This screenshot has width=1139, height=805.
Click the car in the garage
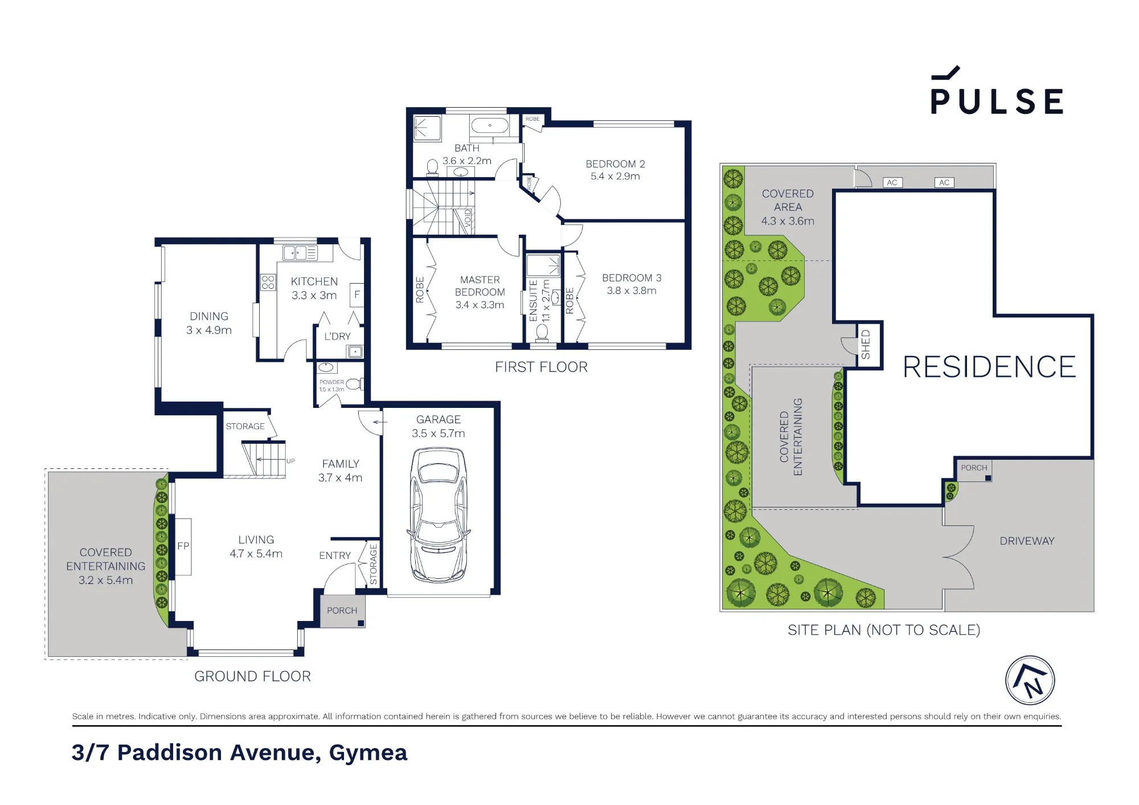click(x=439, y=514)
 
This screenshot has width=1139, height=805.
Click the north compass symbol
click(x=1030, y=680)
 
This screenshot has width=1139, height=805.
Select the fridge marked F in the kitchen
click(x=357, y=295)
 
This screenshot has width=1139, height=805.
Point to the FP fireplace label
click(x=183, y=546)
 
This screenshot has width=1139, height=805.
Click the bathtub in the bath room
click(x=489, y=125)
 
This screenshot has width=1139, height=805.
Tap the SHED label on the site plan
click(x=866, y=345)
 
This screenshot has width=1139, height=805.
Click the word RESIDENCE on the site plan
click(x=989, y=367)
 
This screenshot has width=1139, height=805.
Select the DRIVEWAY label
click(x=1027, y=541)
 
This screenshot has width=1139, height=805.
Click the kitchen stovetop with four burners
click(x=268, y=282)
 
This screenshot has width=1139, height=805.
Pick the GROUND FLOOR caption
click(x=252, y=676)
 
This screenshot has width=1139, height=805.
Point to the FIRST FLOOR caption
click(x=541, y=367)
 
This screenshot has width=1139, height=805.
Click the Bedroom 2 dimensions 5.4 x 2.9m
click(x=615, y=177)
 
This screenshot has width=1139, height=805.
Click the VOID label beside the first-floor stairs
click(x=468, y=218)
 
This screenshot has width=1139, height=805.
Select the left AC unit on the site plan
click(x=892, y=182)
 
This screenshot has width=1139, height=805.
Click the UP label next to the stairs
click(x=290, y=461)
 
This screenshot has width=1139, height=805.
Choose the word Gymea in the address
click(x=368, y=753)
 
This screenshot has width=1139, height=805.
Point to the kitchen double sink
click(x=300, y=253)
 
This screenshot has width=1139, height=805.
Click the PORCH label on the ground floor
click(x=342, y=611)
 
